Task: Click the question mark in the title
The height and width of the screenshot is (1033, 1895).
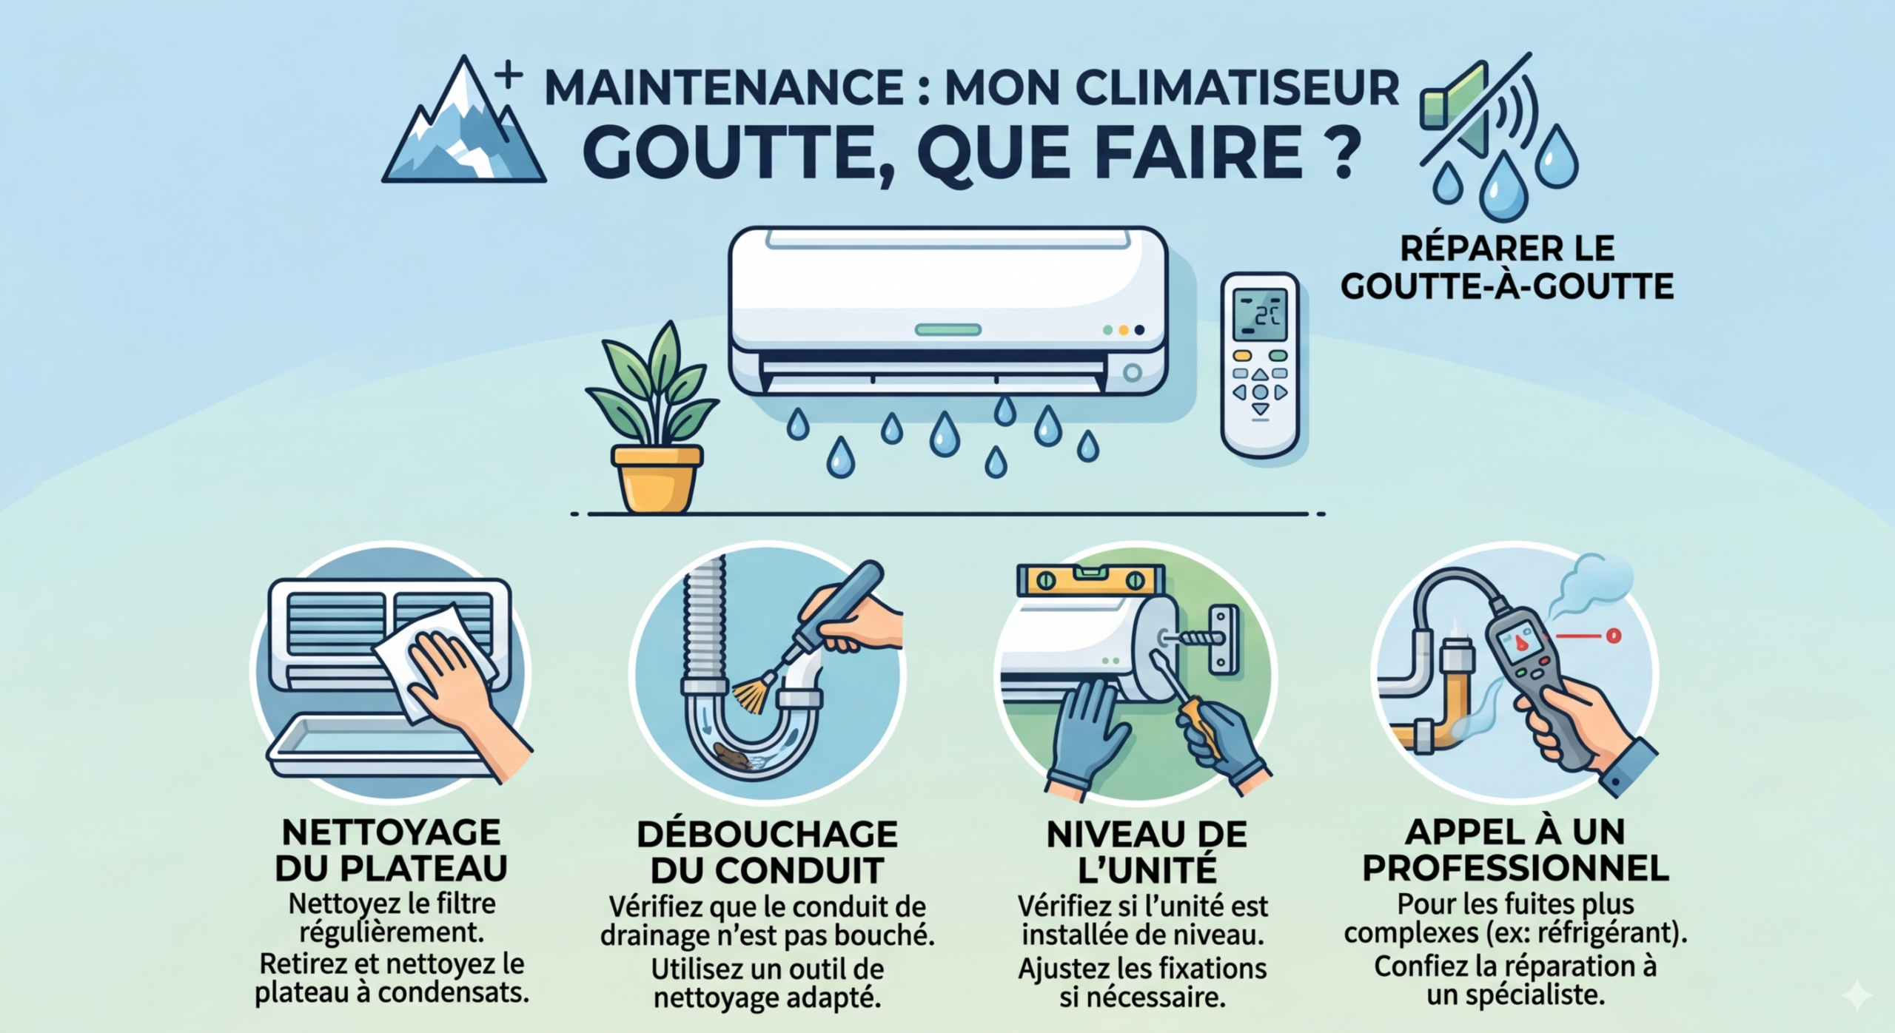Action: (x=1339, y=150)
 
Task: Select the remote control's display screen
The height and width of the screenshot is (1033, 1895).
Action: (x=1260, y=314)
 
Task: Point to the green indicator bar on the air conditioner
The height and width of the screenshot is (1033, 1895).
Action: (x=947, y=330)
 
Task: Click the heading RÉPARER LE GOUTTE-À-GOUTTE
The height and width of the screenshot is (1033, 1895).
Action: (x=1507, y=267)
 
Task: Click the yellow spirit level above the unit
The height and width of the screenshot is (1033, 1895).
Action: (x=1090, y=580)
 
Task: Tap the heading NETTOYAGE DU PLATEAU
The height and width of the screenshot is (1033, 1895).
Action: (x=391, y=850)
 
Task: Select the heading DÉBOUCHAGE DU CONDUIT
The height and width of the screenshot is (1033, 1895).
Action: (x=768, y=852)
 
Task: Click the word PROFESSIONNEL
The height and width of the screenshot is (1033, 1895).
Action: (x=1515, y=868)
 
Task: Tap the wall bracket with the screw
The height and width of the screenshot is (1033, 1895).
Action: (x=1224, y=639)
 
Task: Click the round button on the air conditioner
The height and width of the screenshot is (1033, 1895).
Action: (x=1132, y=373)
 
